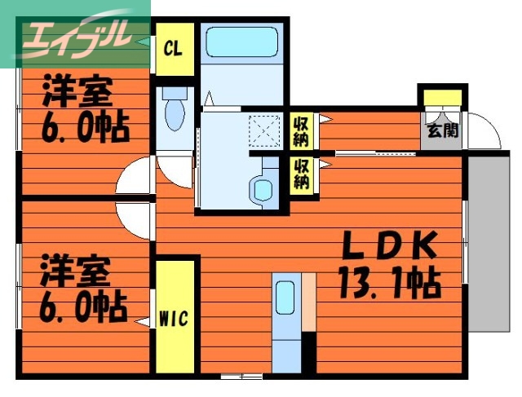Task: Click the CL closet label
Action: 173,47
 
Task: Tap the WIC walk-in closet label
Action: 174,317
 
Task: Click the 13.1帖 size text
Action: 389,283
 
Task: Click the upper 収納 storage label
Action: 301,129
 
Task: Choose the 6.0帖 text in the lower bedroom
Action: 82,309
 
